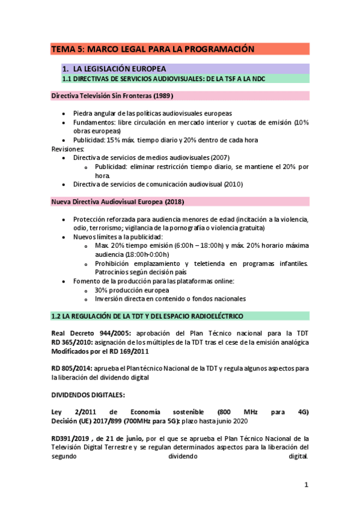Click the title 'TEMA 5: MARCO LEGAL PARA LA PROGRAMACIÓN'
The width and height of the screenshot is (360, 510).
[153, 49]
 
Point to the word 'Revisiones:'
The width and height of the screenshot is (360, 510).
[68, 149]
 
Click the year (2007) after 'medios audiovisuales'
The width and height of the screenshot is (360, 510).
[213, 158]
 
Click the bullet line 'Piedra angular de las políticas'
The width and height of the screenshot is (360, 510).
[152, 114]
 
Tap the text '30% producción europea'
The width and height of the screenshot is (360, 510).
[132, 290]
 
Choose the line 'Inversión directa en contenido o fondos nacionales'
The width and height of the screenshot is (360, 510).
[170, 299]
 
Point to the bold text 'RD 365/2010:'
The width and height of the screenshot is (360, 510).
[72, 342]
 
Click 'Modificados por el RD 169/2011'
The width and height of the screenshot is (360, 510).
[100, 351]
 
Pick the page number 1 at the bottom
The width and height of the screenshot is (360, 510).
[306, 485]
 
